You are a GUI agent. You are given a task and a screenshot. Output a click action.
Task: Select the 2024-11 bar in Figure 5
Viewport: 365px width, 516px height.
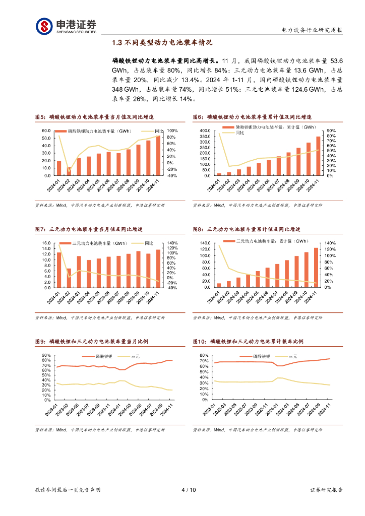click(x=158, y=156)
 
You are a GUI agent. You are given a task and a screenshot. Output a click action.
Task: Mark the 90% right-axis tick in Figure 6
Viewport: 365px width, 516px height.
click(x=331, y=131)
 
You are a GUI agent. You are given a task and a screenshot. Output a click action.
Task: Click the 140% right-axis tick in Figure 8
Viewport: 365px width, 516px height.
click(x=331, y=243)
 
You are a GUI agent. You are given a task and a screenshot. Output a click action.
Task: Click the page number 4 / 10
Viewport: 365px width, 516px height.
click(x=188, y=489)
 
